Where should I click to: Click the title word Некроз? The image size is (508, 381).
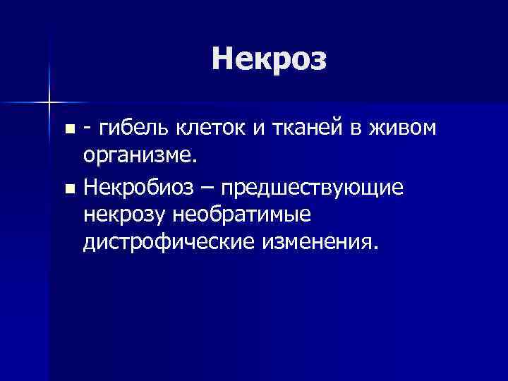coord(269,59)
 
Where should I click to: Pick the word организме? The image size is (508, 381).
coord(138,155)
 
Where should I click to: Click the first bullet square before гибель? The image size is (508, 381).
coord(68,130)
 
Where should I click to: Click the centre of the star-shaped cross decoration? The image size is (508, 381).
coord(49,102)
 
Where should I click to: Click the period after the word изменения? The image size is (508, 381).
coord(375,247)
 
